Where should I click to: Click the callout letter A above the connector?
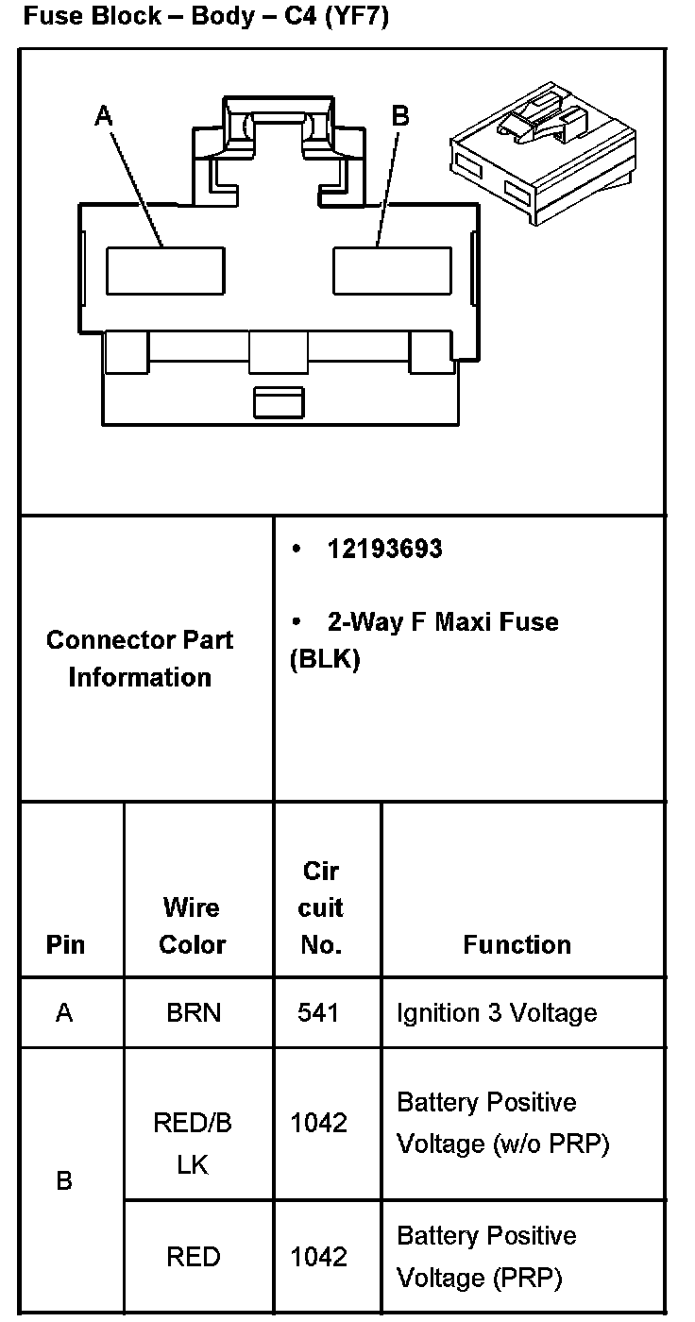tap(104, 116)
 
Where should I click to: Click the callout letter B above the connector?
tap(400, 116)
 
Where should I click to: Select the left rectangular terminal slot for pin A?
tap(165, 270)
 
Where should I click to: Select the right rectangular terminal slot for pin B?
tap(392, 270)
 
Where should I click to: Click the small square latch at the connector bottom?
tap(279, 401)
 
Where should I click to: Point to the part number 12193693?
tap(384, 550)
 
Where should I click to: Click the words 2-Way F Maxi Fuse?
tap(442, 622)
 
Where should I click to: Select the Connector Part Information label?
tap(140, 658)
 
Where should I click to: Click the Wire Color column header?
tap(192, 925)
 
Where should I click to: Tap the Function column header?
tap(517, 944)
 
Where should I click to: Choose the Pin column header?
tap(65, 944)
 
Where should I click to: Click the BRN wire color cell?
tap(193, 1013)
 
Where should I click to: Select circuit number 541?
tap(319, 1013)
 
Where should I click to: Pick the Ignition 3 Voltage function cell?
tap(497, 1013)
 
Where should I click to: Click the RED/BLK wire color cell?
tap(193, 1144)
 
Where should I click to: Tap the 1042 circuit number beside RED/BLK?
tap(319, 1124)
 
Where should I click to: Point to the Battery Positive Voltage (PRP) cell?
tap(486, 1257)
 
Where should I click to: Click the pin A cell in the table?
tap(64, 1013)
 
